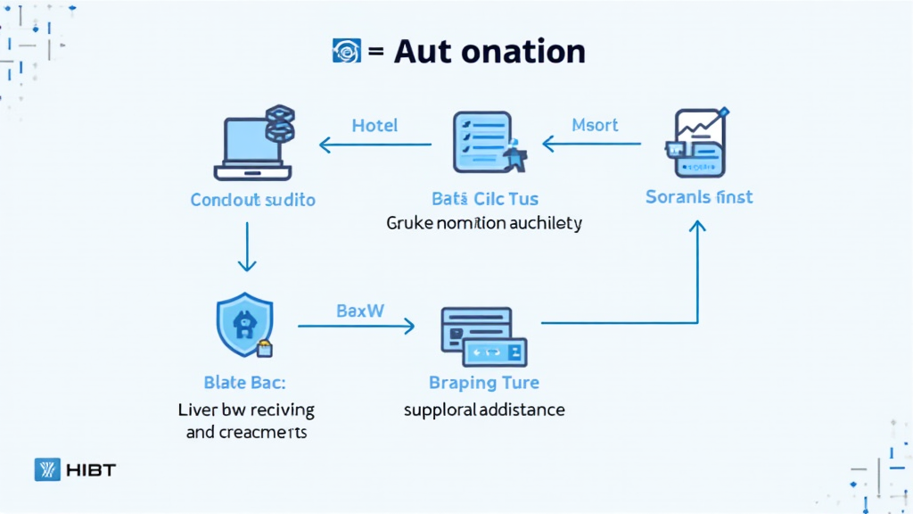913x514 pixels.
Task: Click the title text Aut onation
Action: coord(489,52)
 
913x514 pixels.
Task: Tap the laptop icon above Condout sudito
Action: coord(249,148)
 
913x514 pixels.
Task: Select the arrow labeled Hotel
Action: coord(375,144)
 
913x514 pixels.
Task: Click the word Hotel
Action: coord(375,125)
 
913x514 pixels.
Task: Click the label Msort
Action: coord(596,125)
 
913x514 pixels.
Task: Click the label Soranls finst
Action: coord(699,196)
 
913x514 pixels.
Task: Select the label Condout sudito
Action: coord(253,199)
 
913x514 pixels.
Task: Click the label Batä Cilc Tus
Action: coord(485,199)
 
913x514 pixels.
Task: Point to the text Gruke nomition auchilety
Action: coord(484,223)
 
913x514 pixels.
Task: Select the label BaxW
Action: coord(360,311)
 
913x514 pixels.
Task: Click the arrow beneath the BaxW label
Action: coord(356,327)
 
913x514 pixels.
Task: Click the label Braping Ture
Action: coord(484,383)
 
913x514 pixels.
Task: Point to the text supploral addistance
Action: coord(484,410)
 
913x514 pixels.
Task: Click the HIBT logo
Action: coord(75,469)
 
